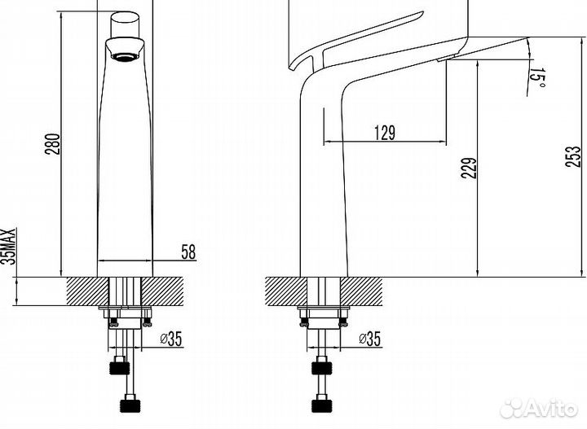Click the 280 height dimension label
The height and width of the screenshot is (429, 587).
(52, 144)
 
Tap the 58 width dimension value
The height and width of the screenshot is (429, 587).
(188, 252)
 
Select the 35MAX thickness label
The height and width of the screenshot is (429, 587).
(8, 247)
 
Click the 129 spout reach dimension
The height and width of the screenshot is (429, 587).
(385, 133)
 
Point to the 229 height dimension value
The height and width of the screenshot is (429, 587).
(469, 169)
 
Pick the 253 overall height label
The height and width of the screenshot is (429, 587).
(573, 156)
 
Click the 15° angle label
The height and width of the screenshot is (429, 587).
(537, 78)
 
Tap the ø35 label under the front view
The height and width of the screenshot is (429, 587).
(170, 339)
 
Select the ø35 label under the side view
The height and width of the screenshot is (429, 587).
(369, 339)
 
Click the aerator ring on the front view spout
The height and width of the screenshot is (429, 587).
(125, 56)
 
